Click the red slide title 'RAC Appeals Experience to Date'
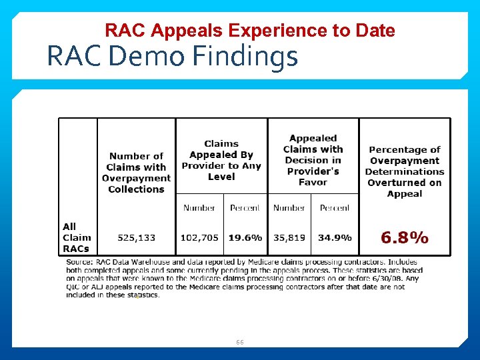(250, 31)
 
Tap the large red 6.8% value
(404, 237)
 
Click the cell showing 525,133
(137, 237)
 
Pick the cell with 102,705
(199, 237)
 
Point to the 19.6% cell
(245, 237)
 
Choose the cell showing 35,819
(289, 237)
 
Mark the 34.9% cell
(335, 237)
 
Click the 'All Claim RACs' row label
(77, 237)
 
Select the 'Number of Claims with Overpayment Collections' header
(137, 173)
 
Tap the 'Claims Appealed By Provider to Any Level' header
(221, 160)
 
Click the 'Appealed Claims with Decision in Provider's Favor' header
(313, 160)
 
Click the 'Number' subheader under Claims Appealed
(199, 208)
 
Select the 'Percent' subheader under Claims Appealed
(245, 208)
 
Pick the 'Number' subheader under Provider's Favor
(289, 208)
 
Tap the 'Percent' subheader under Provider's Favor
(335, 208)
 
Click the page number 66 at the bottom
(240, 342)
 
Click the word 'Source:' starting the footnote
(79, 263)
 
